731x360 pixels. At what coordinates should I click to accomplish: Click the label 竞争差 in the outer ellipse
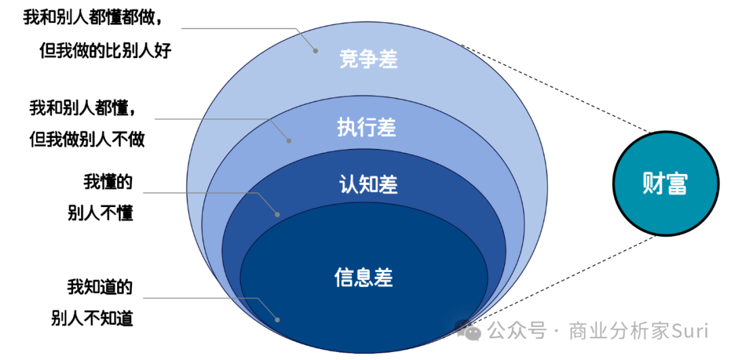coord(368,60)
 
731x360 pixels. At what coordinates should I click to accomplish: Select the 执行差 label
coord(366,127)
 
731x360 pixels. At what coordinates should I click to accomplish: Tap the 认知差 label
coord(368,185)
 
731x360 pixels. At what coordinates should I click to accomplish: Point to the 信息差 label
coord(364,277)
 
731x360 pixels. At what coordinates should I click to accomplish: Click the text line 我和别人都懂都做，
coord(93,18)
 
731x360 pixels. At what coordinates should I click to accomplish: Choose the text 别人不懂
coord(101,213)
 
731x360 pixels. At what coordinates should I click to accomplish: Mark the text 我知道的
coord(99,286)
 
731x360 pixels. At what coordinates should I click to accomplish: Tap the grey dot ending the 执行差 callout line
coord(289,141)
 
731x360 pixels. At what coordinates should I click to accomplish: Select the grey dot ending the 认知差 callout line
coord(277,214)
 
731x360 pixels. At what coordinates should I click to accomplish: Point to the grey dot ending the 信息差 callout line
coord(277,319)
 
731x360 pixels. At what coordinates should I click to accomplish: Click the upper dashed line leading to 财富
coord(555,88)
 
